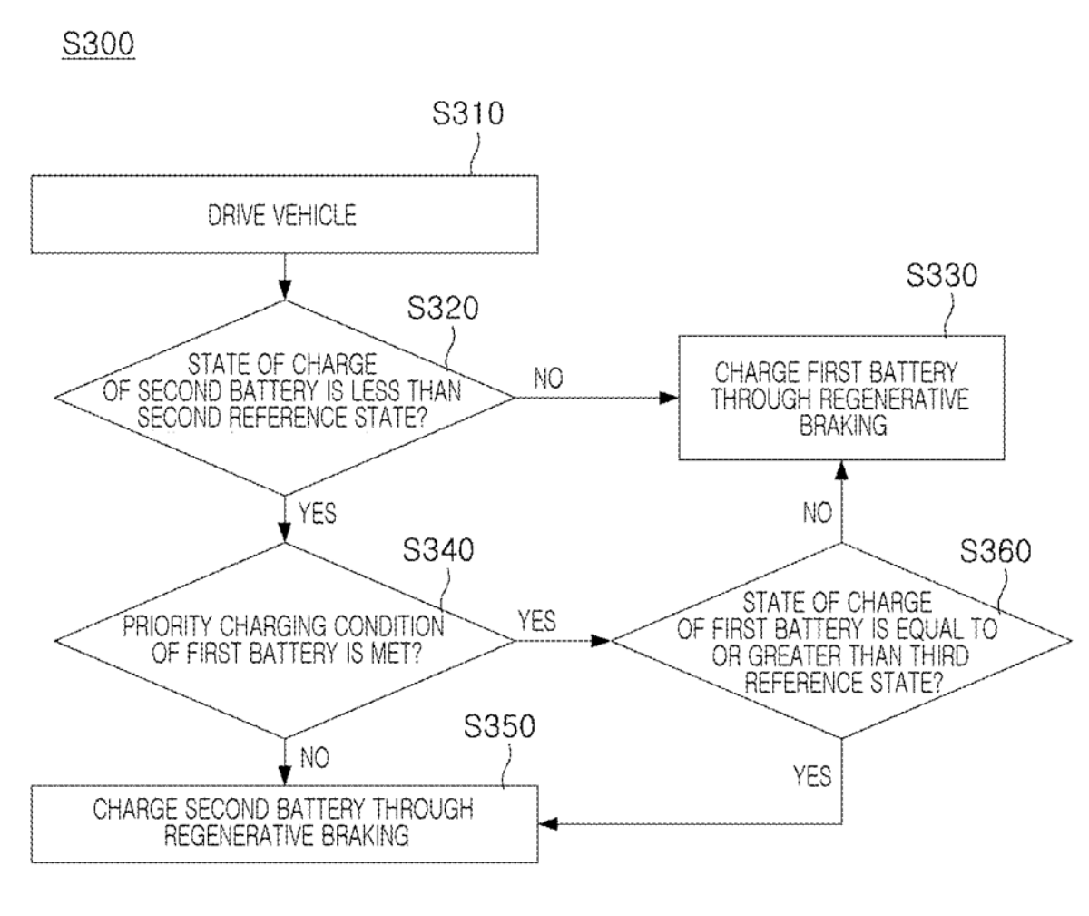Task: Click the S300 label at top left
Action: [x=97, y=43]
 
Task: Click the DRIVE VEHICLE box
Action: [x=283, y=215]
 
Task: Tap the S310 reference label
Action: [x=467, y=115]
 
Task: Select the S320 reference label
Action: [x=442, y=309]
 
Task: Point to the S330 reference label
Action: [x=942, y=276]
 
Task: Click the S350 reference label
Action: [x=499, y=727]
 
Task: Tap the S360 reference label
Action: [x=995, y=552]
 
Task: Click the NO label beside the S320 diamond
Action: [x=548, y=379]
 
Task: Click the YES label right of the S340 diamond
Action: [x=537, y=621]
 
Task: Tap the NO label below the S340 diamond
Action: [x=314, y=757]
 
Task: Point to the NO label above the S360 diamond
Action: [x=817, y=514]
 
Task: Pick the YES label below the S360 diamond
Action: [x=811, y=775]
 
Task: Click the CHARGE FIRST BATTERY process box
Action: [x=843, y=399]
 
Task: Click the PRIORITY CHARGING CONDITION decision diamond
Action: [x=284, y=640]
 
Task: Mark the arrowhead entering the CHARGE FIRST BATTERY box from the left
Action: [x=670, y=398]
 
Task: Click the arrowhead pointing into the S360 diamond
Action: [x=603, y=640]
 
